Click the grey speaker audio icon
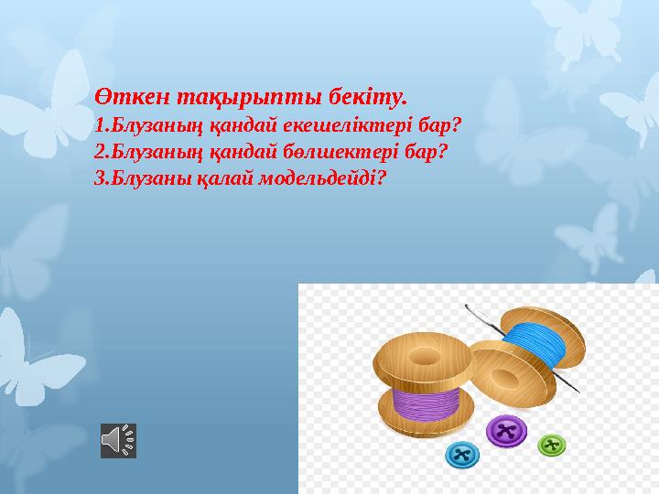[x=118, y=441]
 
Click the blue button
[x=462, y=454]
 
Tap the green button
[x=551, y=445]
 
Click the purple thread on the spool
[x=426, y=402]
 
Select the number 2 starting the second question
[x=99, y=149]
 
